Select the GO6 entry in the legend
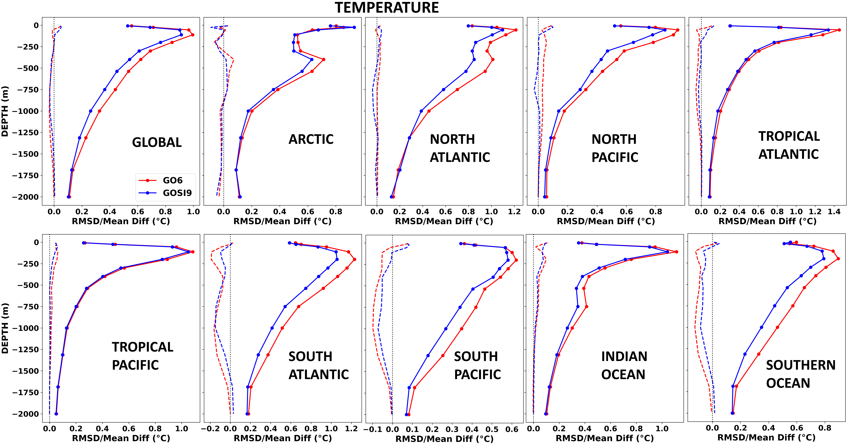click(172, 181)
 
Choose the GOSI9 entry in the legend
click(177, 193)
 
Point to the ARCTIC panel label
click(311, 139)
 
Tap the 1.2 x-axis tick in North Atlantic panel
click(514, 211)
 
